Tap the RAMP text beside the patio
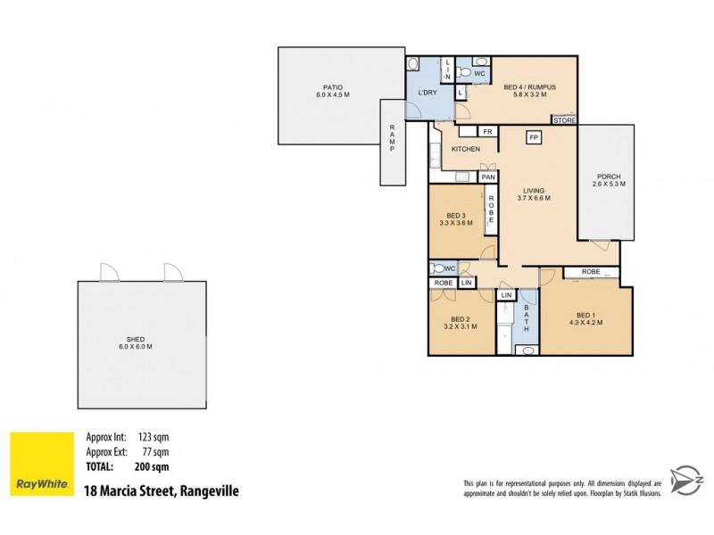click(x=391, y=138)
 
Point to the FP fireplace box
click(x=534, y=137)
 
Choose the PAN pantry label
click(x=488, y=177)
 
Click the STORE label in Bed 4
click(x=564, y=119)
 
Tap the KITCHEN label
click(x=465, y=149)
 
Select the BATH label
click(x=527, y=318)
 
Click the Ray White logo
click(x=41, y=464)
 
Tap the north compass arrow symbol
click(x=682, y=479)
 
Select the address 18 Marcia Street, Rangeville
click(x=161, y=490)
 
